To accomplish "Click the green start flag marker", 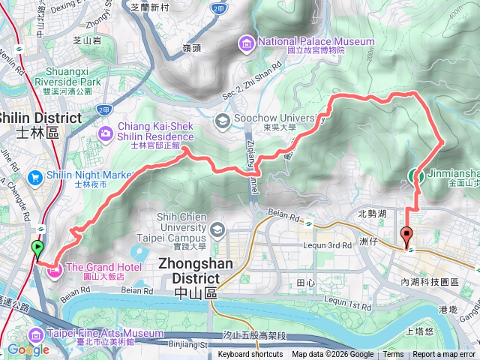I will [38, 249].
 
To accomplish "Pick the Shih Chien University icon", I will [217, 229].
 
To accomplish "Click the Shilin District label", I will [40, 118].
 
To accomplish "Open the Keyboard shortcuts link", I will [250, 355].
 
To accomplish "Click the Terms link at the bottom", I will [393, 355].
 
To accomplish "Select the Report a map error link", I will [445, 355].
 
